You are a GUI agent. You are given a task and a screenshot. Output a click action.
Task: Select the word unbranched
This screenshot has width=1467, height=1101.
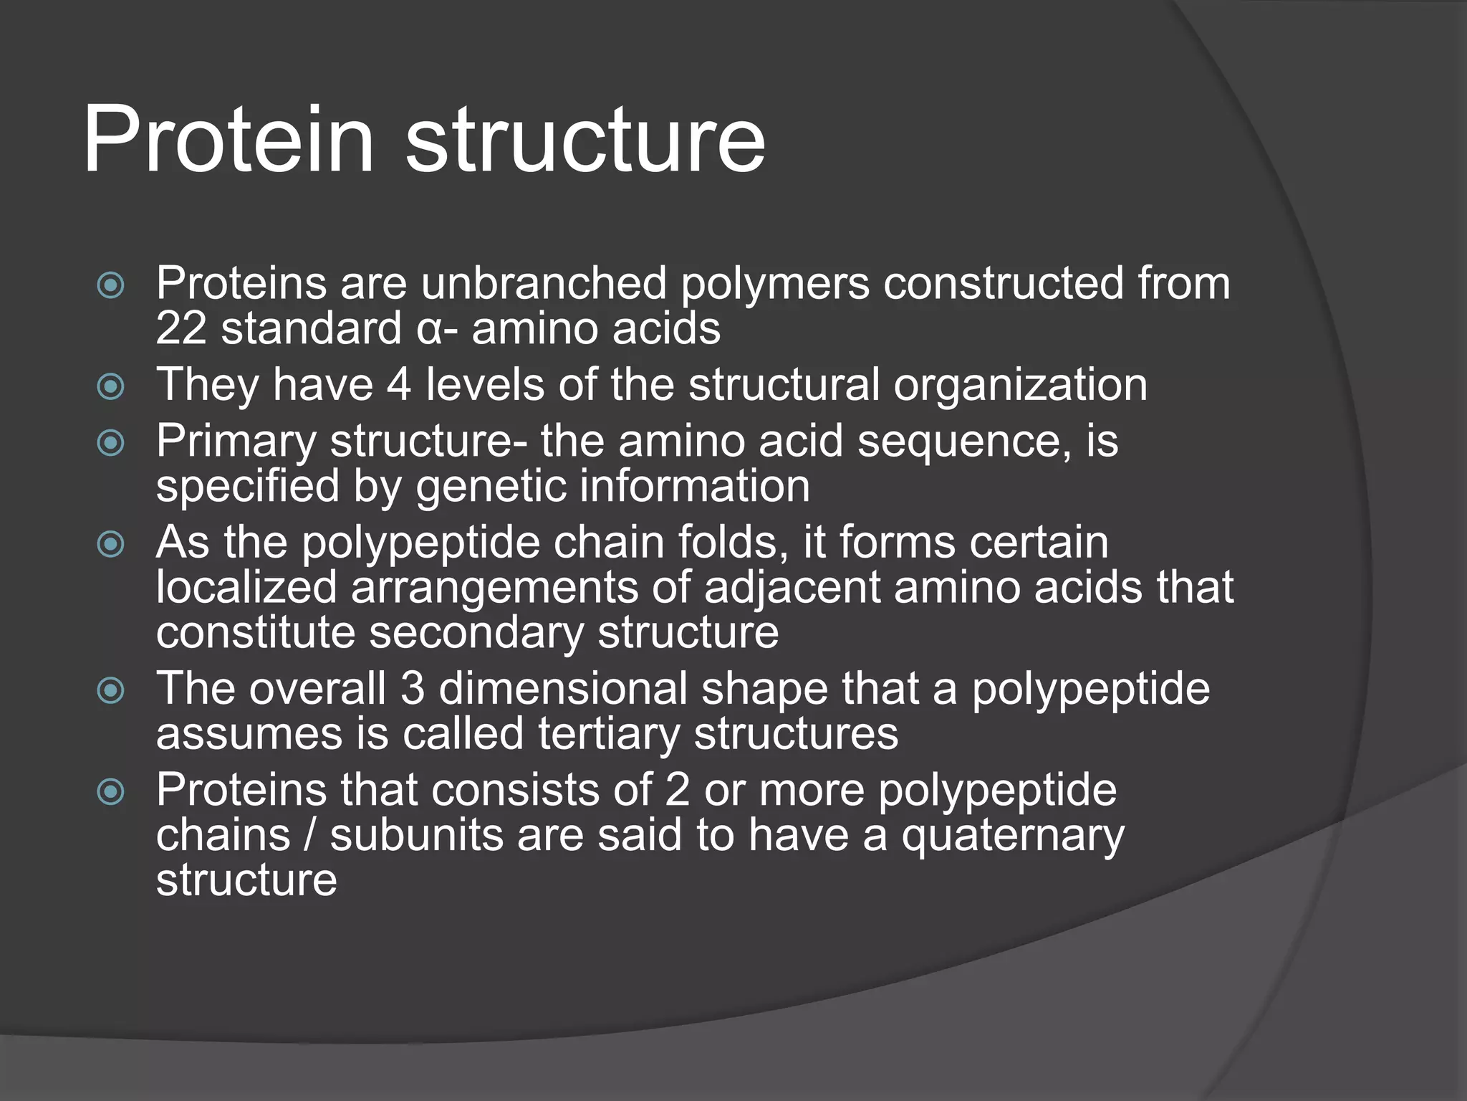click(x=544, y=283)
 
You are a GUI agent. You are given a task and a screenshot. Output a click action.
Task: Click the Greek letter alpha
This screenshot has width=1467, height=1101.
click(x=428, y=330)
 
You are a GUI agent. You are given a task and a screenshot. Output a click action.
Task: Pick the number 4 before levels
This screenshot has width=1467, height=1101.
click(x=399, y=385)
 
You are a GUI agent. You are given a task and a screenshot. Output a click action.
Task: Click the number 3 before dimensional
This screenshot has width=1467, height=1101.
click(x=413, y=689)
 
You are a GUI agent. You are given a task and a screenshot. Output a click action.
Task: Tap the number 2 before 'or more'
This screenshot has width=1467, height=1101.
click(x=677, y=791)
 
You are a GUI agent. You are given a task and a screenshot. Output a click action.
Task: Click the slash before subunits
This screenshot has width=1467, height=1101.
click(x=309, y=836)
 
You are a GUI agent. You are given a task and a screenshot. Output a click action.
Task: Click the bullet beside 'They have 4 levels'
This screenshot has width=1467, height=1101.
click(x=111, y=387)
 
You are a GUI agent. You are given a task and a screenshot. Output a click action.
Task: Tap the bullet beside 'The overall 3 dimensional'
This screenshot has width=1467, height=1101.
click(x=111, y=690)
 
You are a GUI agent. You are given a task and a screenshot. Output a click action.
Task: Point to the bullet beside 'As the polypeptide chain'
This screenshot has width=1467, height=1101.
click(x=111, y=544)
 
